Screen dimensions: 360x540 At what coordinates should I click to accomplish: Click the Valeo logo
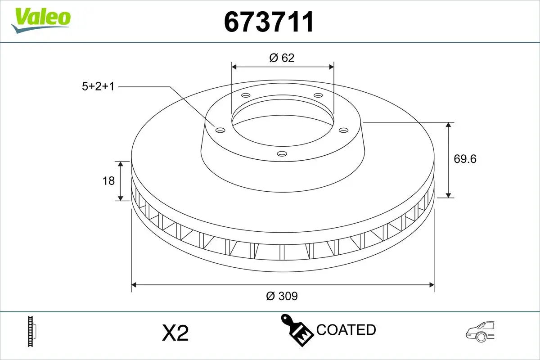point(41,19)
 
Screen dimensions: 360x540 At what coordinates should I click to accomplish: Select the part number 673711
point(269,22)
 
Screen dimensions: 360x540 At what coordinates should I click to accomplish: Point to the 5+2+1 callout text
point(98,86)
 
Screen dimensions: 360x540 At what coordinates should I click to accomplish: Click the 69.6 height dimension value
point(465,159)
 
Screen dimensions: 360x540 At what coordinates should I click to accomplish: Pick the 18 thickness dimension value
point(109,180)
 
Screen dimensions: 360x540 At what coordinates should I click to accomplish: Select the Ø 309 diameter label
point(282,296)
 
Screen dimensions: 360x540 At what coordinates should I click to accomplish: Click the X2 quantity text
point(175,333)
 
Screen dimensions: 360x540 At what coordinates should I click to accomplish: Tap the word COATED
point(346,330)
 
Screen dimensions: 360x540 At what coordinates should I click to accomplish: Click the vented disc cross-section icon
point(32,332)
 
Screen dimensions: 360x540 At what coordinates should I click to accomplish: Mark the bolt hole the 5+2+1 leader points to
point(220,130)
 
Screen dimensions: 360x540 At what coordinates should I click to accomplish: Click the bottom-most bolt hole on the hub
point(282,154)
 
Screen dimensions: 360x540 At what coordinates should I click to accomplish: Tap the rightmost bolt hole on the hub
point(344,130)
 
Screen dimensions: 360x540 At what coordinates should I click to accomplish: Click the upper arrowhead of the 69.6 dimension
point(449,125)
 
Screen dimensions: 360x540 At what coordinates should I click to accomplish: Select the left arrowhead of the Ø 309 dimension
point(134,284)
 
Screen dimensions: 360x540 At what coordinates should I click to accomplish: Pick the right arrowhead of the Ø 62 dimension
point(331,67)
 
